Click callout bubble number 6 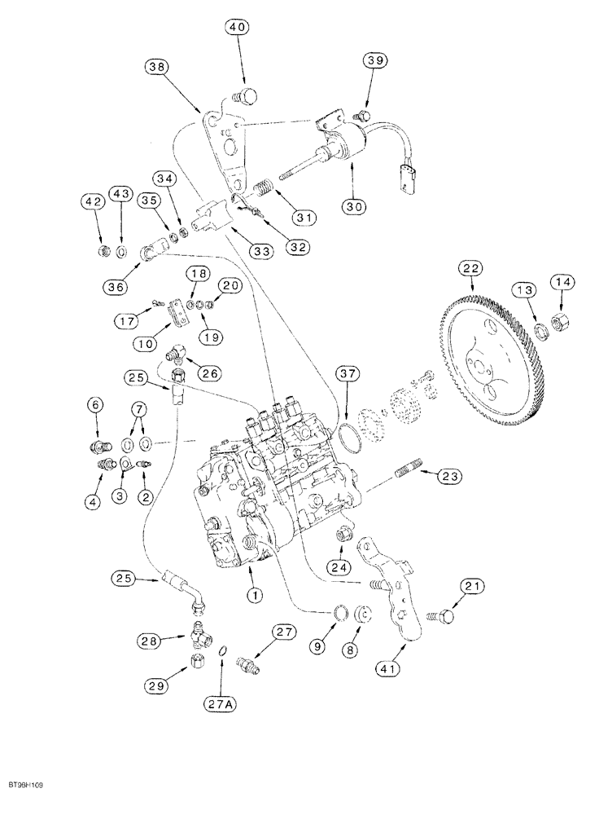97,405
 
